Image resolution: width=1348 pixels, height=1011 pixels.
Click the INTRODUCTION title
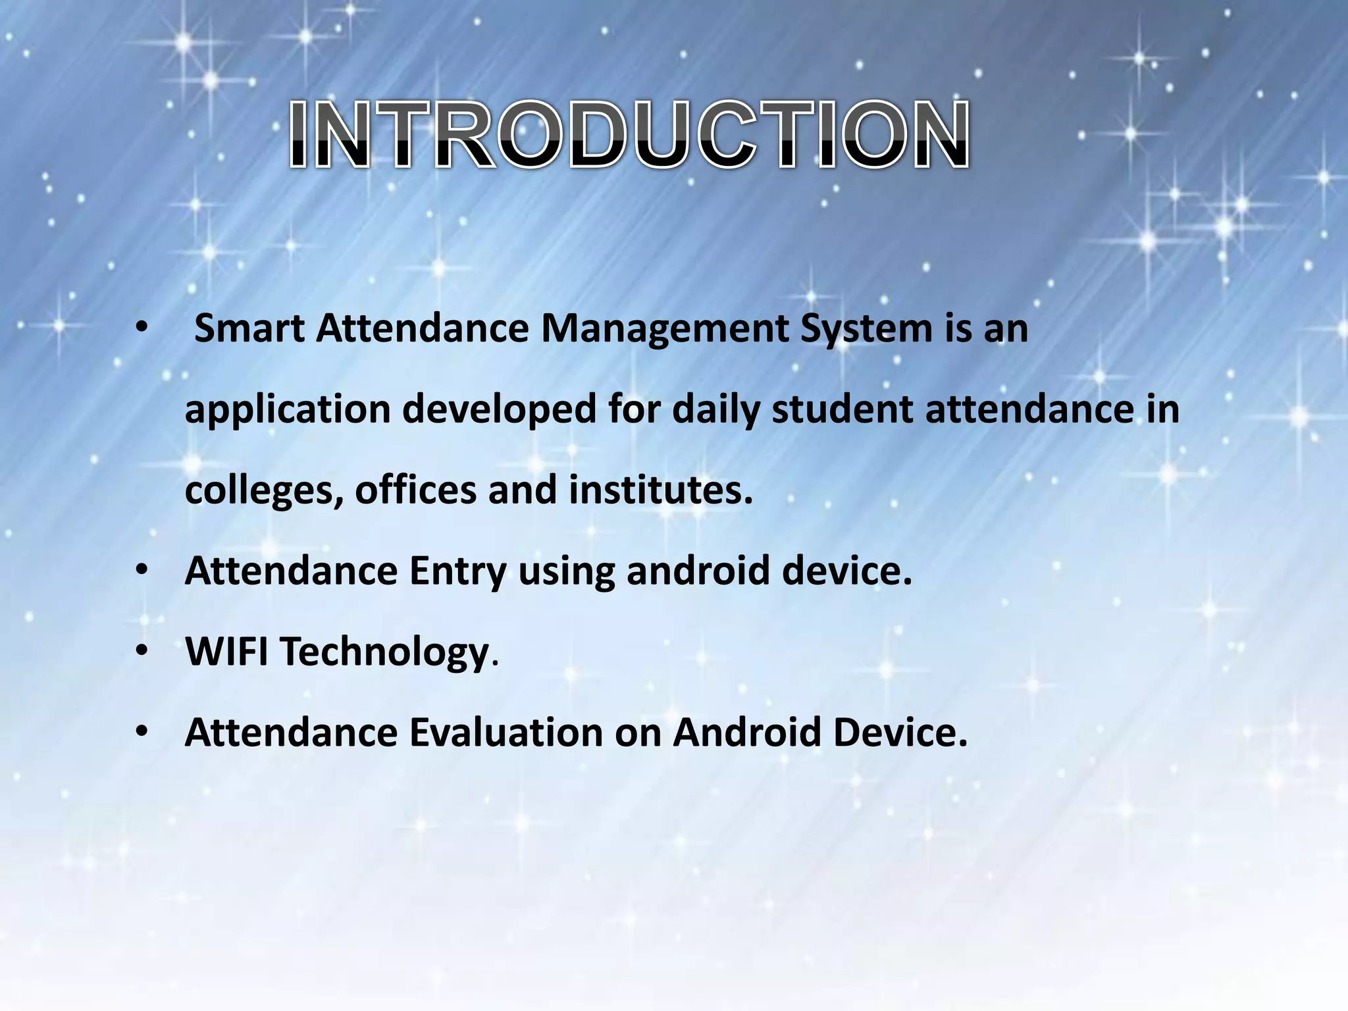[x=629, y=135]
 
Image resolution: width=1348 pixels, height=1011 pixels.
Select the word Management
[x=664, y=329]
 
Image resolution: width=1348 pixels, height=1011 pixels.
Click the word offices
[x=415, y=490]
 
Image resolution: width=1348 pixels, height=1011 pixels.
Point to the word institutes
[x=660, y=490]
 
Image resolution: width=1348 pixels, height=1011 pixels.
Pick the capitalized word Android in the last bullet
[x=747, y=733]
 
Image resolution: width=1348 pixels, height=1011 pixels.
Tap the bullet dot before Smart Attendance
[x=142, y=328]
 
